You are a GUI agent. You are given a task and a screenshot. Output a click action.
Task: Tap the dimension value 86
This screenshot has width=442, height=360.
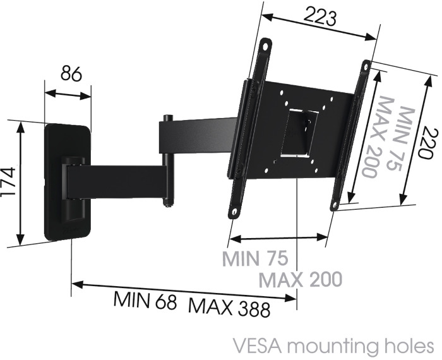(71, 73)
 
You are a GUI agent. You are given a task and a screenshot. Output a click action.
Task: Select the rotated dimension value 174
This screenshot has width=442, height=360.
(8, 182)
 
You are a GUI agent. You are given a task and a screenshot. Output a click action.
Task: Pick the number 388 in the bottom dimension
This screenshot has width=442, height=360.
(254, 309)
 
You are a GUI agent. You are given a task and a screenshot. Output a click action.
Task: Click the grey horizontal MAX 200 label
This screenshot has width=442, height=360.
(301, 279)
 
